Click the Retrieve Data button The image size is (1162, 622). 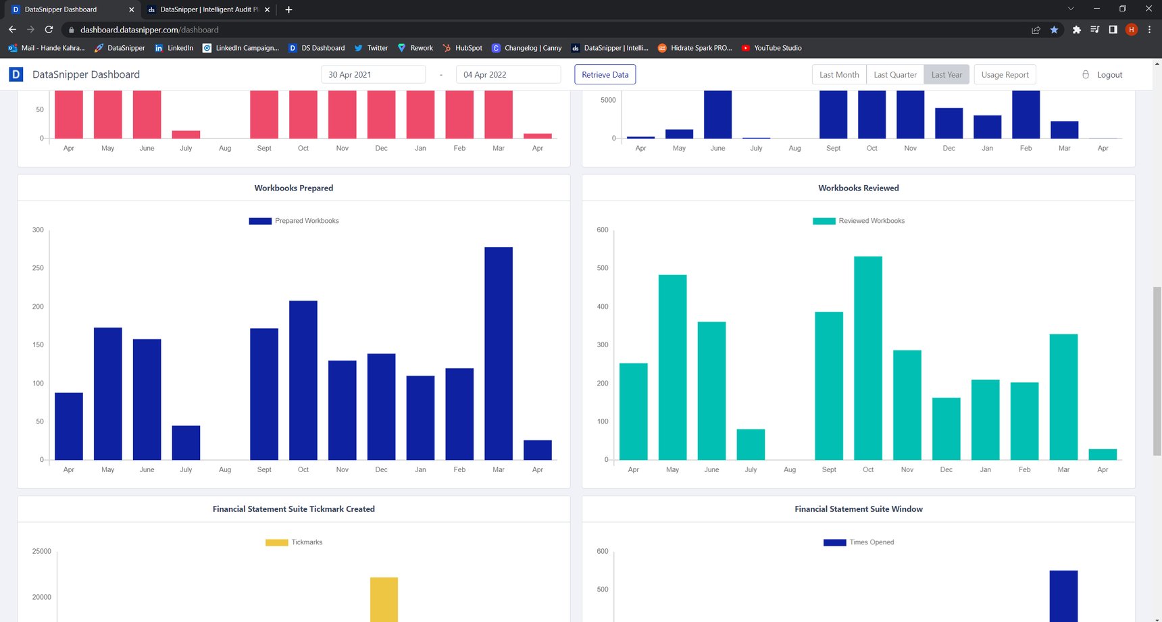(x=605, y=74)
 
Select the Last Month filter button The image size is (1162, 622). (x=838, y=74)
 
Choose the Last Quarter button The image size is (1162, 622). (x=894, y=74)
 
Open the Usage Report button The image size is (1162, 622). (x=1005, y=74)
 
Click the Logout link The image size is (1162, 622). (x=1109, y=74)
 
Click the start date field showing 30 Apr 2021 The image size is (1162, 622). (x=373, y=74)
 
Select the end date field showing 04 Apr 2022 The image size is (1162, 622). (x=508, y=74)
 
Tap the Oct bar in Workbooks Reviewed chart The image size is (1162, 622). (x=867, y=358)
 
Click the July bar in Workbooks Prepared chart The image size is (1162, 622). (x=186, y=442)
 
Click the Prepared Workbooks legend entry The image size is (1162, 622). (x=295, y=221)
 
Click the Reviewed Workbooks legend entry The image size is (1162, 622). (x=859, y=221)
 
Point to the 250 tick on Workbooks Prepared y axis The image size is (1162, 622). (x=38, y=268)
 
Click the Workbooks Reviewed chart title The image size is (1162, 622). (x=858, y=188)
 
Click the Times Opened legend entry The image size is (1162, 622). (x=859, y=542)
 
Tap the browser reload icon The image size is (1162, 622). (x=49, y=30)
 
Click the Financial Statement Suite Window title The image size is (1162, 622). (x=858, y=509)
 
